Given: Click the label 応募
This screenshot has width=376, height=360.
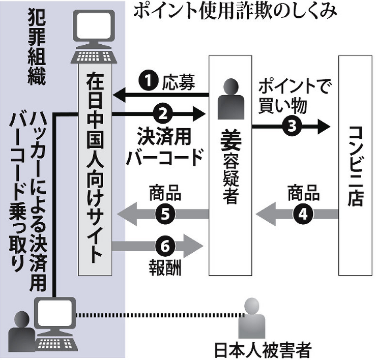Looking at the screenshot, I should click(x=178, y=81).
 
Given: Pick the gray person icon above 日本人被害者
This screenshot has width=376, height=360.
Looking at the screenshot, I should click(x=254, y=318).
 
